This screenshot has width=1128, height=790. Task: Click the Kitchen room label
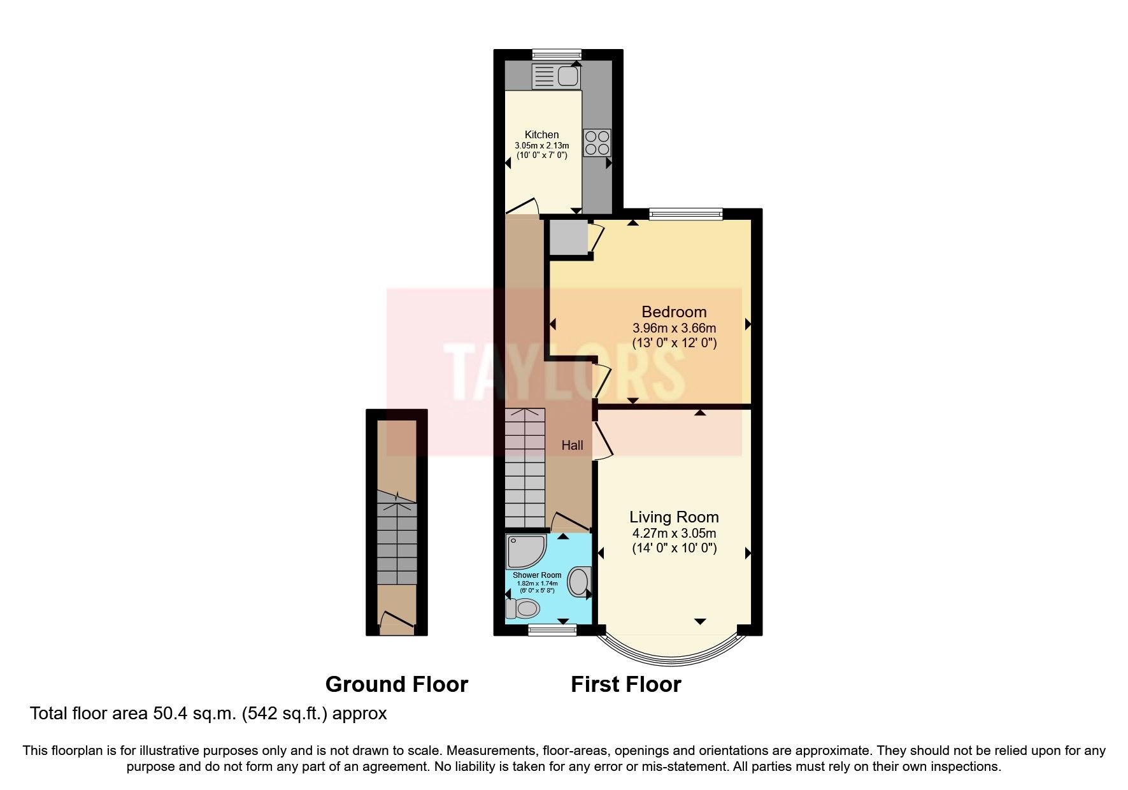click(541, 134)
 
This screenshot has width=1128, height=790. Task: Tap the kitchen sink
click(555, 76)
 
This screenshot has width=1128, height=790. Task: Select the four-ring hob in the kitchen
click(597, 143)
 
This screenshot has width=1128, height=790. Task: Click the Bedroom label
click(674, 312)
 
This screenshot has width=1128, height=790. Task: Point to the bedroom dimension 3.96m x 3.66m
click(674, 329)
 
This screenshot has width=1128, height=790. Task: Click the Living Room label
click(674, 517)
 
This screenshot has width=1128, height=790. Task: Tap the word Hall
click(572, 445)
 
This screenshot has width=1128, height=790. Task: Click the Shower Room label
click(537, 575)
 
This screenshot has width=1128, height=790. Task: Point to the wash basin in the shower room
click(579, 581)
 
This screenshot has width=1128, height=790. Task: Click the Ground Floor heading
click(397, 684)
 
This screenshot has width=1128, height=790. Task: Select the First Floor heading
click(626, 684)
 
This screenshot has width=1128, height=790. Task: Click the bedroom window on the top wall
click(686, 214)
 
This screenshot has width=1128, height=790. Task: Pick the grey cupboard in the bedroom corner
click(568, 237)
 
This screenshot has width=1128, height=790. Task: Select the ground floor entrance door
click(396, 622)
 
